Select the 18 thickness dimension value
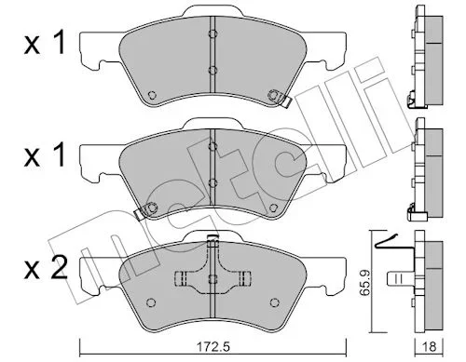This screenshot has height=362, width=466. [x=430, y=346]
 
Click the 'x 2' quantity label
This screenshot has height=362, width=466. [x=46, y=269]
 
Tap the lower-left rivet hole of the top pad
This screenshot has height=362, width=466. [x=152, y=95]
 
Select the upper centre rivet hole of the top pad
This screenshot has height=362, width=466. [x=212, y=34]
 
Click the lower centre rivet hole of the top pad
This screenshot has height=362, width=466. [x=212, y=70]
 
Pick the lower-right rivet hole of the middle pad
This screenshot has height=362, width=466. [x=273, y=208]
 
